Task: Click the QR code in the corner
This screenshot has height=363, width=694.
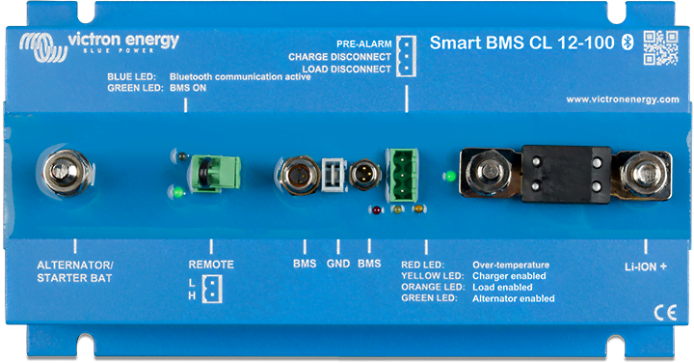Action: [661, 46]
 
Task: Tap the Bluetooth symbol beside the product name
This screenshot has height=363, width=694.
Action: [624, 42]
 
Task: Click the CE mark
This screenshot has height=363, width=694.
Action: [665, 312]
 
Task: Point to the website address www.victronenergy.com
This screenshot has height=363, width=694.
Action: [623, 99]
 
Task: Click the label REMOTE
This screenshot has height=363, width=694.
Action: [211, 265]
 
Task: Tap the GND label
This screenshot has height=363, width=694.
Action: [337, 265]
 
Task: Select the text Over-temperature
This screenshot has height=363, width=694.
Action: [511, 265]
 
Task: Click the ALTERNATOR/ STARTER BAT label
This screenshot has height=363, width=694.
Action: [74, 271]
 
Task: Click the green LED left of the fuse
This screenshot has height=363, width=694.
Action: [449, 177]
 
